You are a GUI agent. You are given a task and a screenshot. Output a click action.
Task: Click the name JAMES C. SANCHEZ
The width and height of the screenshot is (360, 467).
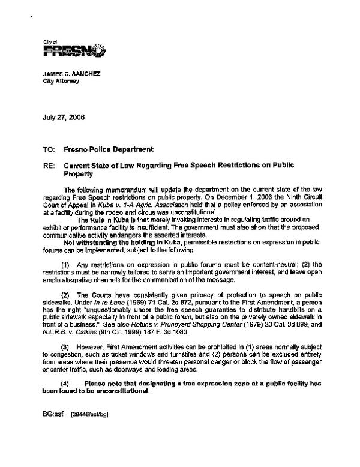coord(70,74)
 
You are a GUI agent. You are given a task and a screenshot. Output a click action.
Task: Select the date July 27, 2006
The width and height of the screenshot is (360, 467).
coord(64,117)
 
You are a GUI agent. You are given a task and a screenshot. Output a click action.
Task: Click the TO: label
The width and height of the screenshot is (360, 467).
coord(47,149)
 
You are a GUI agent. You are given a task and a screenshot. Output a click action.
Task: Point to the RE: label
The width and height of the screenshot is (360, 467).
coord(47,166)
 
